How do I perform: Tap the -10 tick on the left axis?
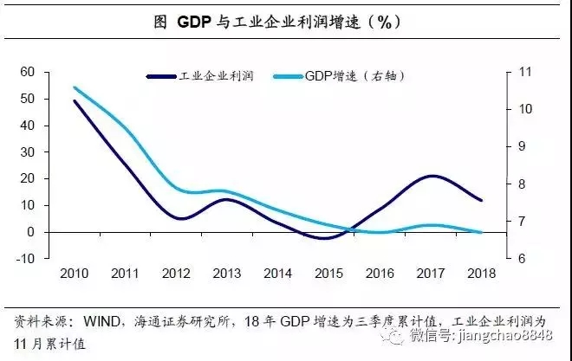click(x=25, y=258)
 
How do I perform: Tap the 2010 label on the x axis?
click(x=74, y=274)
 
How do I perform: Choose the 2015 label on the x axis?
click(x=328, y=274)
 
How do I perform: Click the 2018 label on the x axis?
click(x=481, y=274)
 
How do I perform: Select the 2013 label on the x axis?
click(x=226, y=274)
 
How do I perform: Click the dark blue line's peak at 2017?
click(x=431, y=176)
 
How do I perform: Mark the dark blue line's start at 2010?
click(x=74, y=100)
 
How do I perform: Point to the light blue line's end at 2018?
click(x=481, y=232)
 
